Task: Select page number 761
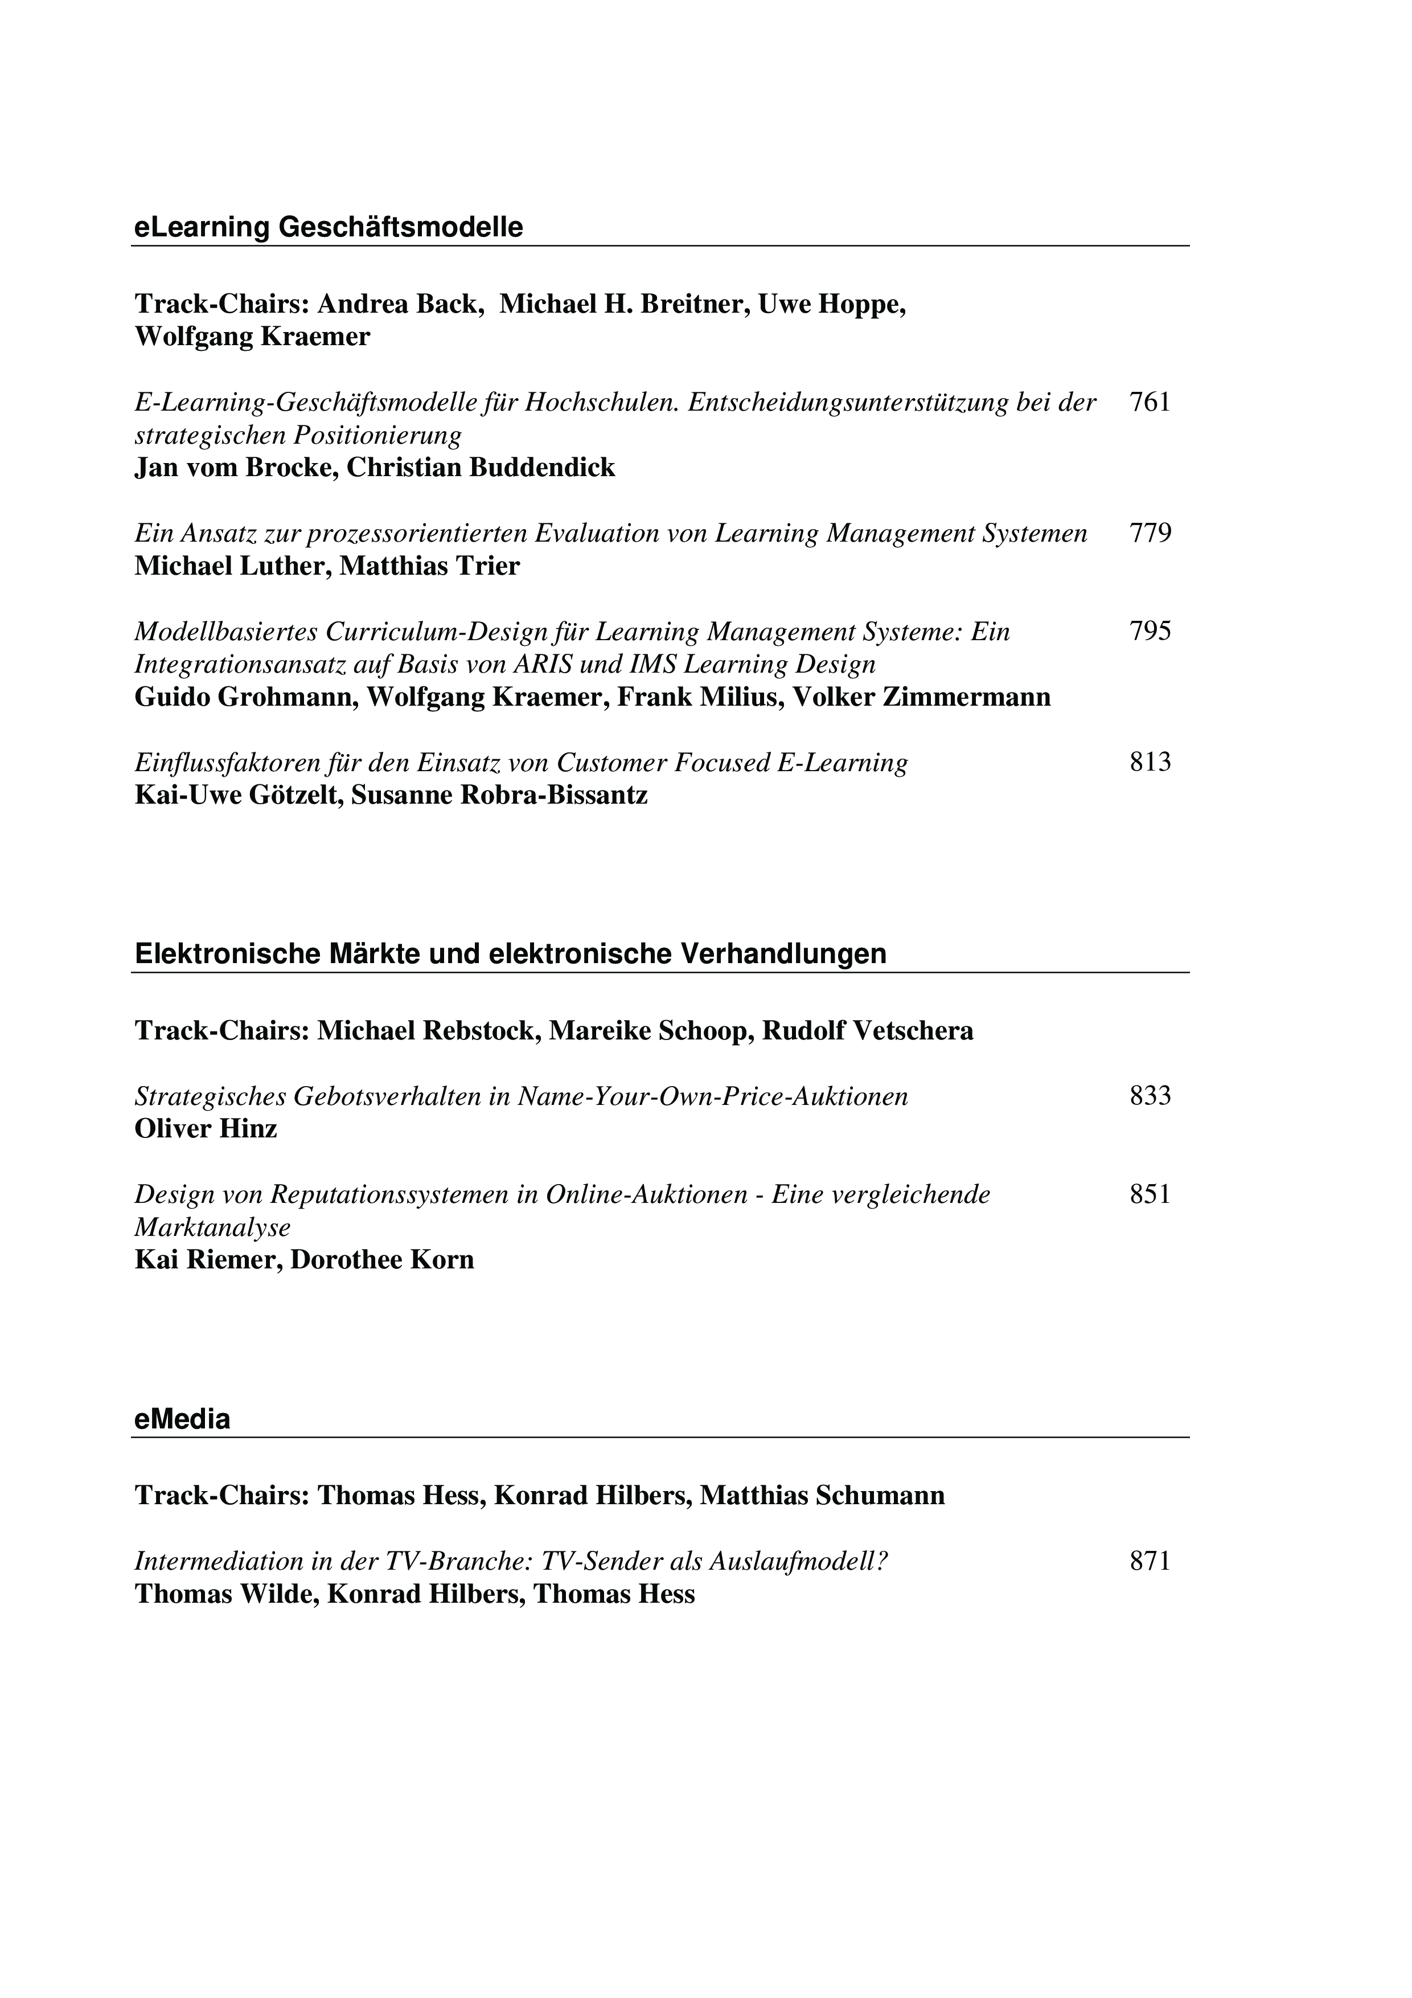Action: [x=1150, y=402]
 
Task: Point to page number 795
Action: [x=1150, y=631]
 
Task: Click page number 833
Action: [x=1150, y=1096]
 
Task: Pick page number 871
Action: [x=1150, y=1561]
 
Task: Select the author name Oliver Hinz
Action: [x=206, y=1129]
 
